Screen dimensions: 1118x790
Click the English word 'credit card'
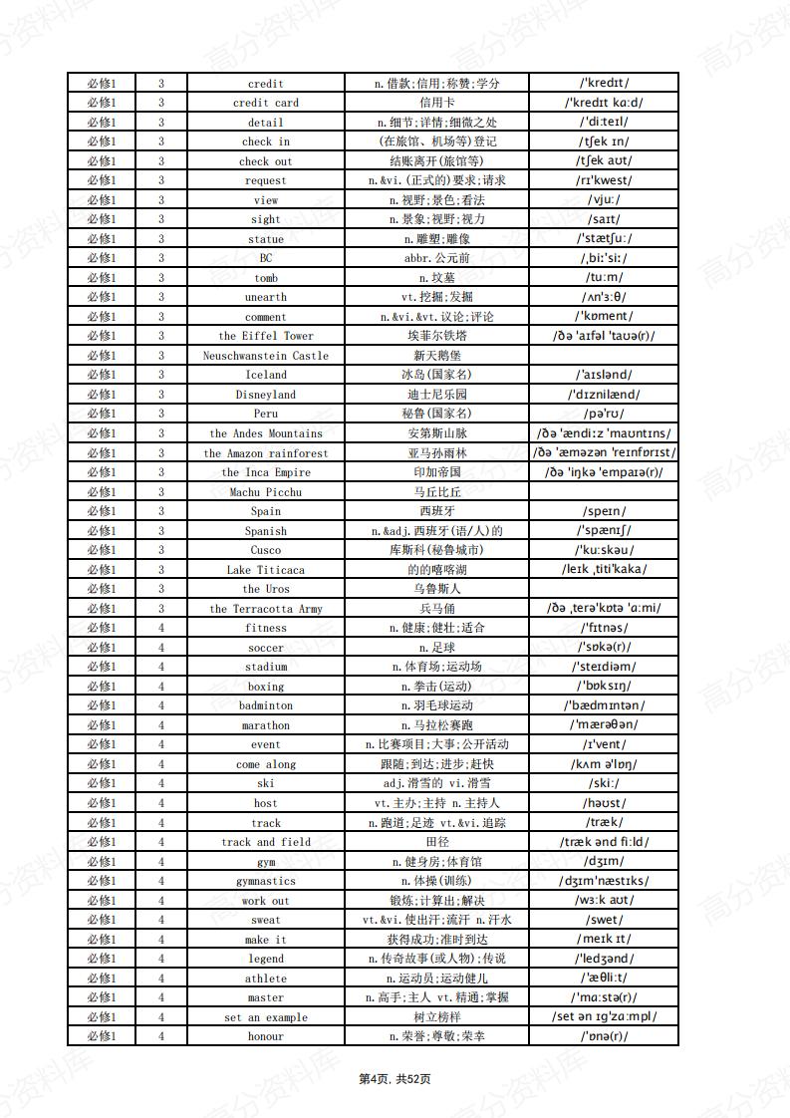pos(266,103)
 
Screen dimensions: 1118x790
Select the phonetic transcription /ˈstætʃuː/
pos(604,239)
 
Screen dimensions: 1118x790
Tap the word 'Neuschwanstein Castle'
pos(266,356)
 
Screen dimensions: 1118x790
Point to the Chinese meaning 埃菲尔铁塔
pos(437,336)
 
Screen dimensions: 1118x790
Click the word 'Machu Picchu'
pos(266,492)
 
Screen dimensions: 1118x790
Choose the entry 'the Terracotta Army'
pos(266,609)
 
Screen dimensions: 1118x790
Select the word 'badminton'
pos(266,705)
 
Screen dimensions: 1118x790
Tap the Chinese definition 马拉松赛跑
pos(437,725)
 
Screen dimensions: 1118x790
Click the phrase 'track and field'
pos(266,842)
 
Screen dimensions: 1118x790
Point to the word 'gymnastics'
pos(266,881)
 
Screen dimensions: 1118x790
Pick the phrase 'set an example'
pos(266,1017)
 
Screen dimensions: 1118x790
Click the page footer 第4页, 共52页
pos(395,1079)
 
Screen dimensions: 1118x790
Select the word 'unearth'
pos(266,297)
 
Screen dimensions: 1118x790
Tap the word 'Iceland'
pos(266,375)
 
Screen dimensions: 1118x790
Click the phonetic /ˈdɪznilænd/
pos(604,395)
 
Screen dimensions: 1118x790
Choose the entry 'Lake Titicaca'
pos(266,570)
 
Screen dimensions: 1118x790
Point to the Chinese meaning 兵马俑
pos(437,609)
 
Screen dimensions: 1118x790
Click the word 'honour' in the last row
pos(266,1036)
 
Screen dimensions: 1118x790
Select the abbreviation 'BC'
pos(266,258)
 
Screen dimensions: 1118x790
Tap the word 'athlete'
pos(266,978)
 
